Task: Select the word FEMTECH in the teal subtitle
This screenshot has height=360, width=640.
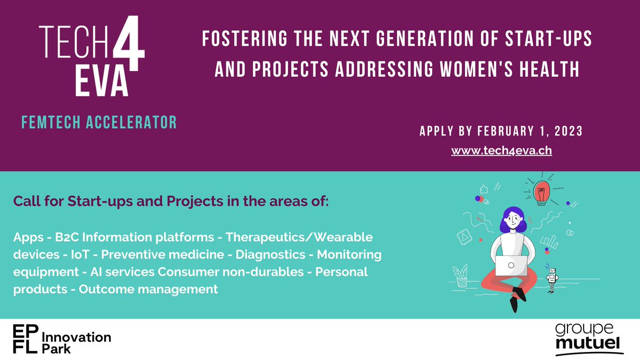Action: [x=52, y=123]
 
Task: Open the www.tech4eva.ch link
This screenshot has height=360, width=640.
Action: [x=501, y=150]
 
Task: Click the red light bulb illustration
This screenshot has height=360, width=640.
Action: [x=542, y=191]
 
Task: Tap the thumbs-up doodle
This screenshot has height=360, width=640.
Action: [x=485, y=188]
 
